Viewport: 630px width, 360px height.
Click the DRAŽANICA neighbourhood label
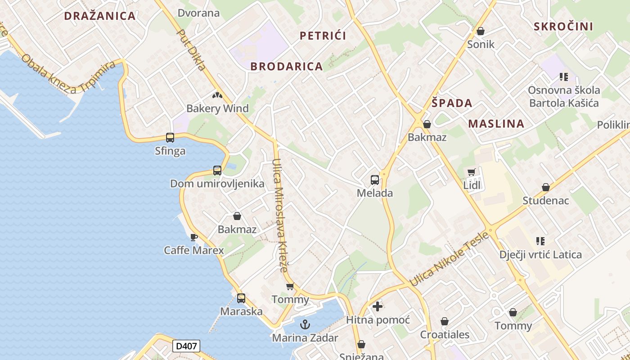tap(99, 16)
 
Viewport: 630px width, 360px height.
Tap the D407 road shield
tap(186, 346)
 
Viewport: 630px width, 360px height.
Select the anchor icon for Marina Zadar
tap(305, 324)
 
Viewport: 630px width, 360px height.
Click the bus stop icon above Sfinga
tap(170, 138)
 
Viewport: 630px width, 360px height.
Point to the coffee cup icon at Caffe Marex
tap(194, 237)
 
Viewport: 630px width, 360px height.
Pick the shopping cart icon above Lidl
tap(471, 172)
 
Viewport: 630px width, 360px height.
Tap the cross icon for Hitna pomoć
tap(378, 306)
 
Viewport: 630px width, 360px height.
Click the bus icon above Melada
tap(375, 180)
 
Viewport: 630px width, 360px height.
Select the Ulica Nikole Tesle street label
tap(449, 259)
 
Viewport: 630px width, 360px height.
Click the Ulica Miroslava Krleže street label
tap(279, 216)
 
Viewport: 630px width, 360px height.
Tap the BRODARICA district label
tap(287, 67)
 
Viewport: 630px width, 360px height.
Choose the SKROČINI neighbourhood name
tap(563, 27)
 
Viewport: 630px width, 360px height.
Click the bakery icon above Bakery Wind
tap(217, 95)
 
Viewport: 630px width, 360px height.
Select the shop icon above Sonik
tap(481, 31)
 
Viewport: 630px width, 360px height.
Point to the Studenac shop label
tap(546, 201)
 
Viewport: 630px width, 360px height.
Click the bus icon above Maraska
tap(241, 298)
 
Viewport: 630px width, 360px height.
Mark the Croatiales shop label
tap(445, 335)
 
